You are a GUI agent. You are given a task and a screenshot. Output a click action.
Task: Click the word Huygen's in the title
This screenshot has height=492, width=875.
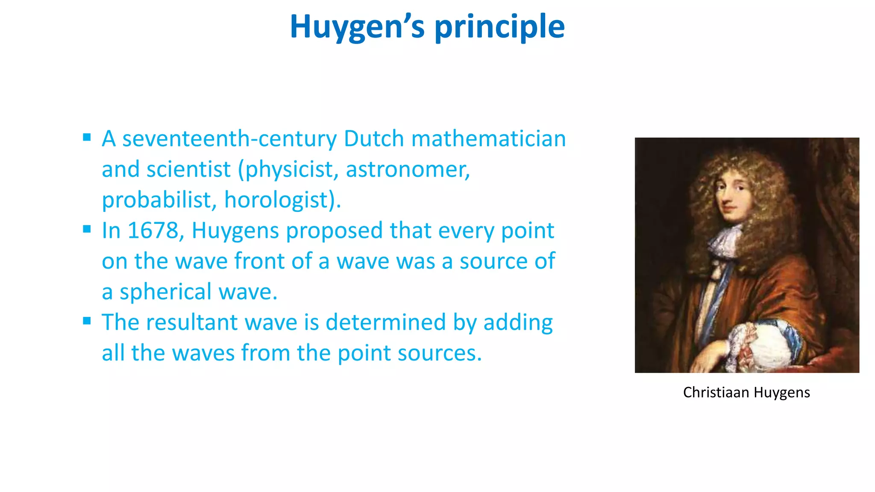click(x=357, y=26)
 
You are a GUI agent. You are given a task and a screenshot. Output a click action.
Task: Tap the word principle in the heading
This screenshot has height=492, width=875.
click(x=499, y=26)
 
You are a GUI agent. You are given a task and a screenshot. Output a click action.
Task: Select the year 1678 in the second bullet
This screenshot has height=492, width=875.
click(x=153, y=231)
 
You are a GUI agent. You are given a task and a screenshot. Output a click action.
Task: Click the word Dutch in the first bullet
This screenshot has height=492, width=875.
click(x=374, y=139)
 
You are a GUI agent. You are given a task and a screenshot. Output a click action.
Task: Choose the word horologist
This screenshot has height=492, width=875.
click(x=282, y=200)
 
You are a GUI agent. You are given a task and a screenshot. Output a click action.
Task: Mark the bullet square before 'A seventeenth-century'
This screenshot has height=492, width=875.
click(x=87, y=137)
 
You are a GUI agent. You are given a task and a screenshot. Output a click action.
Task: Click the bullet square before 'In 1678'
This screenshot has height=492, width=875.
click(x=87, y=229)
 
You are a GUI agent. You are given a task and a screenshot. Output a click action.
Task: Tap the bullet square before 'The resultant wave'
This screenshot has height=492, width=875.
click(x=87, y=321)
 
